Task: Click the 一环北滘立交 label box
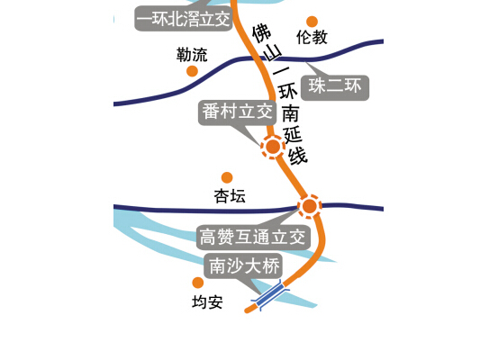click(x=184, y=19)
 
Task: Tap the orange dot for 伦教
click(x=312, y=22)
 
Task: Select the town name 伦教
click(x=312, y=37)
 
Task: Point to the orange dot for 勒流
click(x=192, y=71)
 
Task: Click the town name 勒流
click(x=192, y=55)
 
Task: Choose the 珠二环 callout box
click(x=335, y=87)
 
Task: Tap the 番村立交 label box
click(x=237, y=112)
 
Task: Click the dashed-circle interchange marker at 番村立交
click(x=273, y=147)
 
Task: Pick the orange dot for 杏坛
click(x=227, y=177)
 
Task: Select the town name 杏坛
click(x=230, y=196)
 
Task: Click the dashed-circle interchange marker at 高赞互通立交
click(x=310, y=206)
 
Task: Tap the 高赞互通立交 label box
click(x=253, y=238)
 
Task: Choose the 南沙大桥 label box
click(x=244, y=266)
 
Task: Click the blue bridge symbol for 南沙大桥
click(x=270, y=295)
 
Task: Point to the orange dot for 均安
click(x=198, y=283)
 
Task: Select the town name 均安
click(x=207, y=302)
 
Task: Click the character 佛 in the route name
click(x=261, y=33)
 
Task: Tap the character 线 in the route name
click(x=297, y=156)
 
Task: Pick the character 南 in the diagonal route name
click(x=290, y=113)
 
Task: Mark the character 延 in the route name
click(x=293, y=135)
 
